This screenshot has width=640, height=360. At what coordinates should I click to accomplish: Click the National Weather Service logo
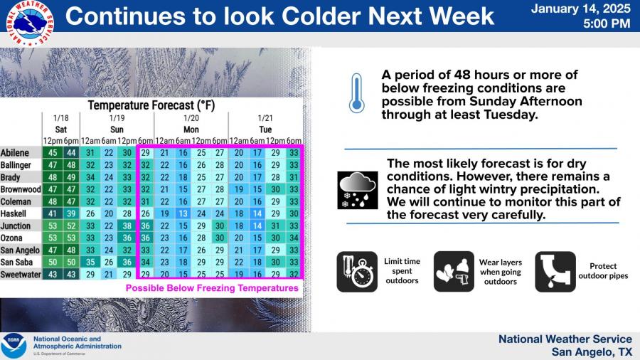click(30, 23)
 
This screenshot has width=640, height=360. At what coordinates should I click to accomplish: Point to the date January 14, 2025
click(580, 9)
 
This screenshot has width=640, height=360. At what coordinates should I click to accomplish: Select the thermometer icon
click(356, 93)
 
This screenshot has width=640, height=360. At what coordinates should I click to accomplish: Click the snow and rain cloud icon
click(358, 190)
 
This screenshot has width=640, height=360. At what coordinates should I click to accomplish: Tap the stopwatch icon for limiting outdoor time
click(357, 272)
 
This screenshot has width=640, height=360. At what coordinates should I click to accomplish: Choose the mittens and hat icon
click(454, 272)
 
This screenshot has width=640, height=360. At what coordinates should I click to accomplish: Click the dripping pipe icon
click(555, 272)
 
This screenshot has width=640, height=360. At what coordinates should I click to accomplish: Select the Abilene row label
click(15, 153)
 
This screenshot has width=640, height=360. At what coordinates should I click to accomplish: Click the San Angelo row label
click(20, 250)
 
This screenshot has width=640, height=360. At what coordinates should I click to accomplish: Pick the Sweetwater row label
click(21, 275)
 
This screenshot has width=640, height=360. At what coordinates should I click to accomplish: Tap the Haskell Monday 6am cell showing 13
click(183, 213)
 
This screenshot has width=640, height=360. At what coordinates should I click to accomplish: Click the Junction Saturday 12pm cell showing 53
click(53, 226)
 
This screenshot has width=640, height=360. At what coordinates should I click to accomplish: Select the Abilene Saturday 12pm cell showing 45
click(53, 153)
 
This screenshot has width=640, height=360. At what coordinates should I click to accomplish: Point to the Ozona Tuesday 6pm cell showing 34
click(294, 238)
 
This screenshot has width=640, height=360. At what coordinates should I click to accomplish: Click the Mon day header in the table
click(191, 129)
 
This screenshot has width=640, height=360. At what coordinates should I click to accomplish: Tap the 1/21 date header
click(265, 118)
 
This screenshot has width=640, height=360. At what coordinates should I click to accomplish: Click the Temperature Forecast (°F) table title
click(151, 105)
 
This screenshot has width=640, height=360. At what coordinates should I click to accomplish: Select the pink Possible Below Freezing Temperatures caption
click(212, 288)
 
